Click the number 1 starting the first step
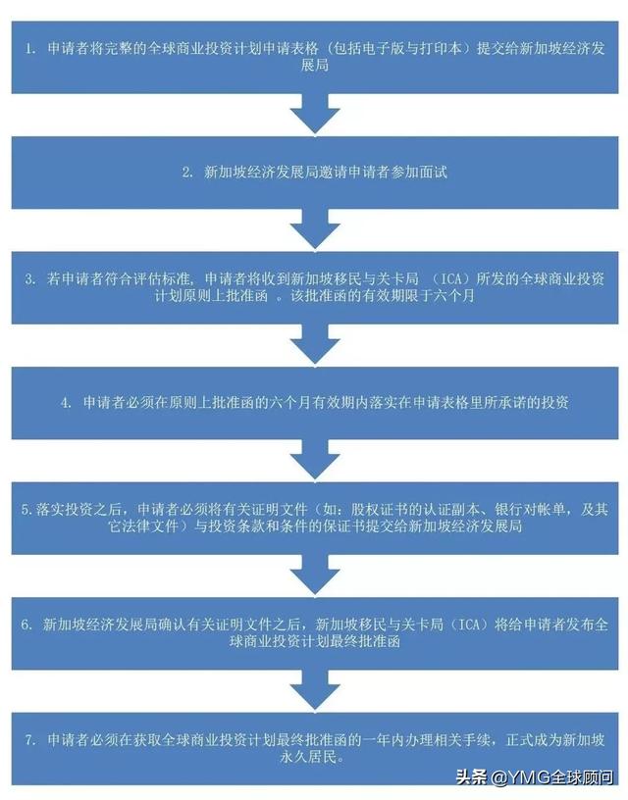coord(29,48)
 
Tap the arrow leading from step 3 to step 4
coord(315,341)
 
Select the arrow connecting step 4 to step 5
coord(315,455)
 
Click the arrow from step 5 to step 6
coord(315,571)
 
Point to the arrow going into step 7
coord(315,686)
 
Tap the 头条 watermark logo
coord(471,777)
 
